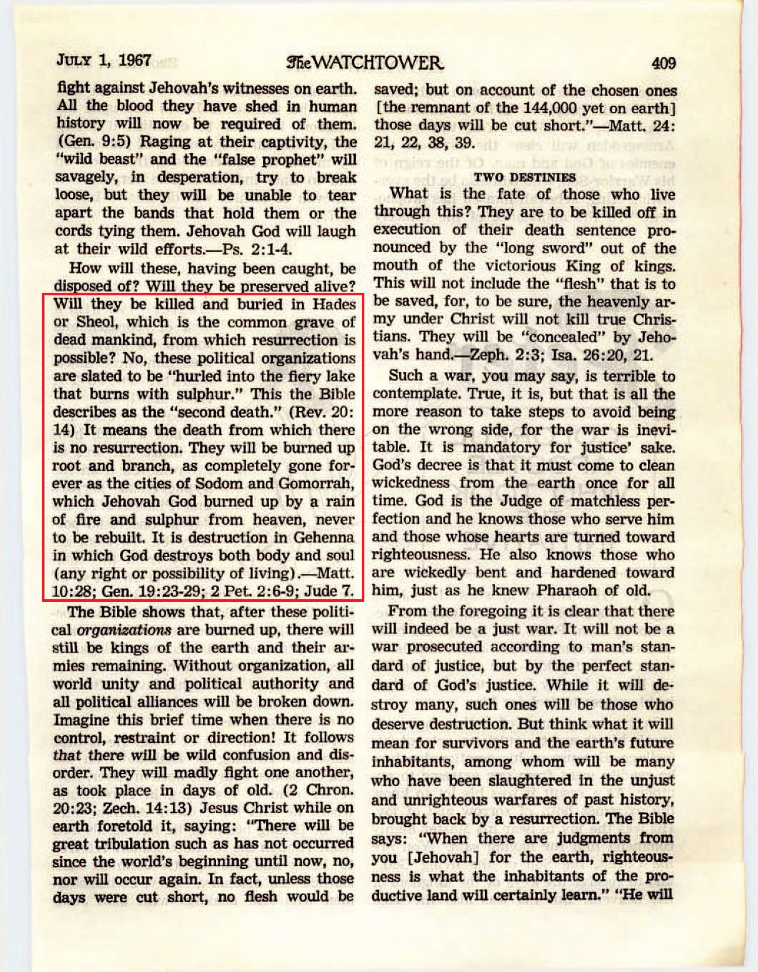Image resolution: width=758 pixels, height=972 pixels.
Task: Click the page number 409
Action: pyautogui.click(x=663, y=63)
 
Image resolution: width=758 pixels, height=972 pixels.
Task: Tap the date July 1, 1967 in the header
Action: pyautogui.click(x=104, y=61)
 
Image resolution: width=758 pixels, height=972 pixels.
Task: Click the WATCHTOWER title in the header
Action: pyautogui.click(x=365, y=63)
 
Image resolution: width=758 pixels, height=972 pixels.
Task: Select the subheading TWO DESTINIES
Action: pyautogui.click(x=525, y=177)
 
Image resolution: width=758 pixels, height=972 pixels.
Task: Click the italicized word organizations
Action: pyautogui.click(x=124, y=630)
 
